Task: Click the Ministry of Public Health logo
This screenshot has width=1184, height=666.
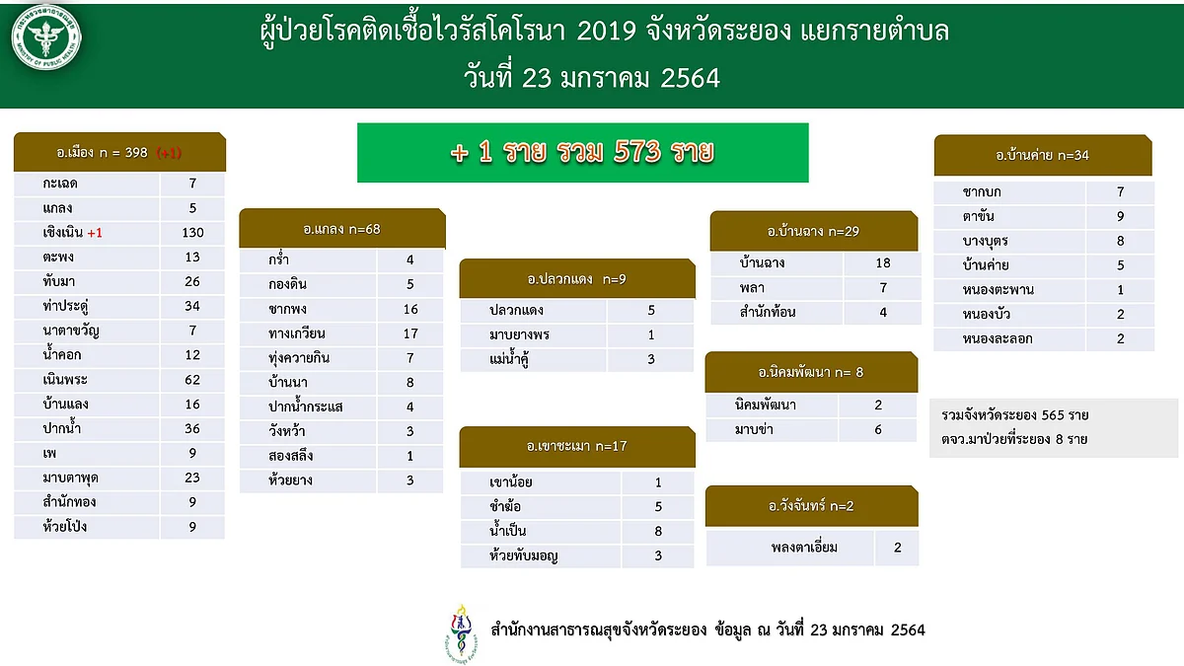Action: pos(46,37)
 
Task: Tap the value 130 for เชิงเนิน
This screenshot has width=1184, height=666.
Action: pos(192,233)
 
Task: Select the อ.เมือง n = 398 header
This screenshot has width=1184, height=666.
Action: pos(120,152)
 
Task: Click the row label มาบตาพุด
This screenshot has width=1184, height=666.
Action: pos(70,479)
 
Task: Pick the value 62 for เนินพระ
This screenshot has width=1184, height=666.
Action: pos(192,380)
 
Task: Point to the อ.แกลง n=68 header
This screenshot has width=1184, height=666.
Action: pos(342,228)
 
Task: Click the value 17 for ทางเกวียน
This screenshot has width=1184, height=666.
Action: pos(410,333)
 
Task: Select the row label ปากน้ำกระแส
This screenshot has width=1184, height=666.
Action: pos(306,406)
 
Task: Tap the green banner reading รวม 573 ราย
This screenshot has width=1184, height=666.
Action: pos(582,153)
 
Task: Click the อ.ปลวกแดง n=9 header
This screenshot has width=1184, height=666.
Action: pos(577,278)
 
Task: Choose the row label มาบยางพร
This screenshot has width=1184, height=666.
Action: pos(519,334)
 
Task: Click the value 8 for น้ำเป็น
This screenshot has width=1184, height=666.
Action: pos(658,531)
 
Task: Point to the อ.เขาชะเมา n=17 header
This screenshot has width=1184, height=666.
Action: pos(577,446)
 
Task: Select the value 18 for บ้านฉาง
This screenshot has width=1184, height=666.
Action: pos(883,262)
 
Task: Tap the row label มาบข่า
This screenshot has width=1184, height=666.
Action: pos(754,429)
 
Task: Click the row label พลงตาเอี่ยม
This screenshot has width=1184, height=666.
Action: pos(804,547)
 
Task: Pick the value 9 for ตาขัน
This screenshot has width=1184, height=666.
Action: pos(1120,216)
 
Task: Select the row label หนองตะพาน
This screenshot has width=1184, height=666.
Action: pos(998,290)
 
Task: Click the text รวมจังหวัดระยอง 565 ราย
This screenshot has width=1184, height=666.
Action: pos(1015,415)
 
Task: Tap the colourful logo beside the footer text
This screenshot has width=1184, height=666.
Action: pos(461,632)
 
